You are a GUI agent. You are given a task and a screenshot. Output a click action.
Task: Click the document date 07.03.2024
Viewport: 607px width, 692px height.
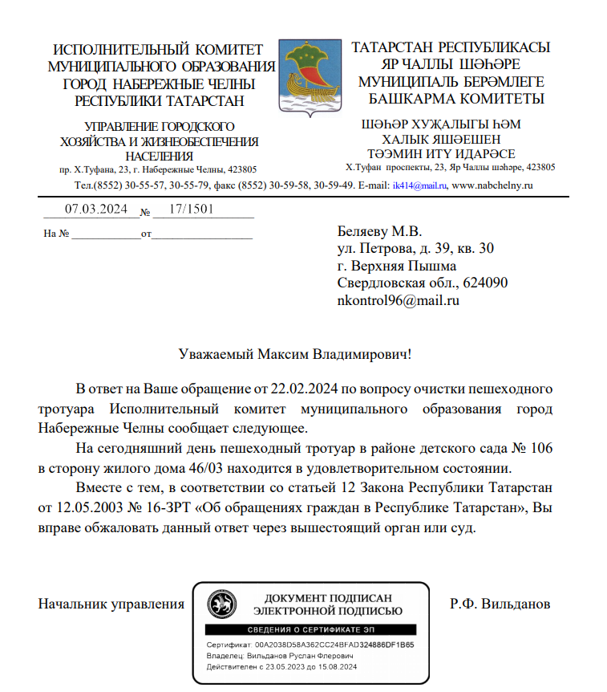point(96,210)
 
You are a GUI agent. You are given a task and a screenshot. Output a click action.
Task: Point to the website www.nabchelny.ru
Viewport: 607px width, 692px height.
point(493,185)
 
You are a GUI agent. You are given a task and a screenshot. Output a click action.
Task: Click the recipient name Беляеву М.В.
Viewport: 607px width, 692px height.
point(379,231)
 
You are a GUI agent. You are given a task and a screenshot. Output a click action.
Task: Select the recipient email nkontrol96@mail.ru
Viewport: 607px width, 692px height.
point(399,301)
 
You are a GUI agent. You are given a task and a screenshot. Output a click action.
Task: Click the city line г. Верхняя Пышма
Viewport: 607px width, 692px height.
point(397,266)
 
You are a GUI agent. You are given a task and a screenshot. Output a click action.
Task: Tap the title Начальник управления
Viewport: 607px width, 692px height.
point(111,604)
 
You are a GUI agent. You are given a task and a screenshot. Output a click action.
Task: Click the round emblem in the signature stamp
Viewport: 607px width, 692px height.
point(221,604)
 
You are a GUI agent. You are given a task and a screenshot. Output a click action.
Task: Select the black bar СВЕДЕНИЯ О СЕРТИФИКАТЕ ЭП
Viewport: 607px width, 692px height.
point(310,630)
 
